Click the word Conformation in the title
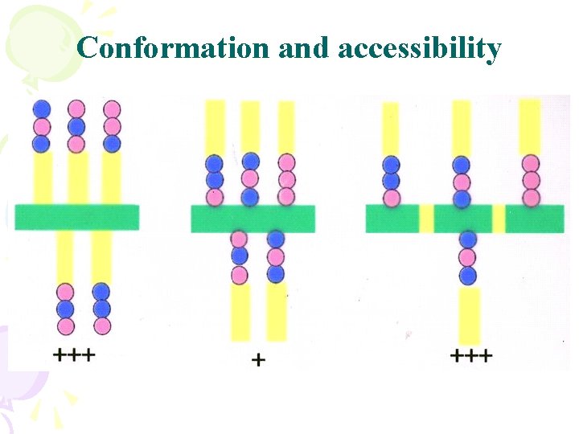[x=174, y=48]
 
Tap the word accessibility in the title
[x=420, y=48]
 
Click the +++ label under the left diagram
[x=74, y=354]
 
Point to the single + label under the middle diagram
[x=258, y=361]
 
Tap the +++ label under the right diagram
[x=472, y=355]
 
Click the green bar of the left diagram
[x=76, y=217]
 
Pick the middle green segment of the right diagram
[x=463, y=219]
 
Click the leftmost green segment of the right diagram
[x=392, y=219]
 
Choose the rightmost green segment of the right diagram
[x=535, y=219]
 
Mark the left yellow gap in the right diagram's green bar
[x=426, y=219]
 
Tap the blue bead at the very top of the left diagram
[x=41, y=108]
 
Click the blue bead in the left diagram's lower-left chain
[x=65, y=309]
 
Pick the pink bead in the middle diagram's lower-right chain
[x=276, y=257]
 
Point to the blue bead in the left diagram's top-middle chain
[x=76, y=126]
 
